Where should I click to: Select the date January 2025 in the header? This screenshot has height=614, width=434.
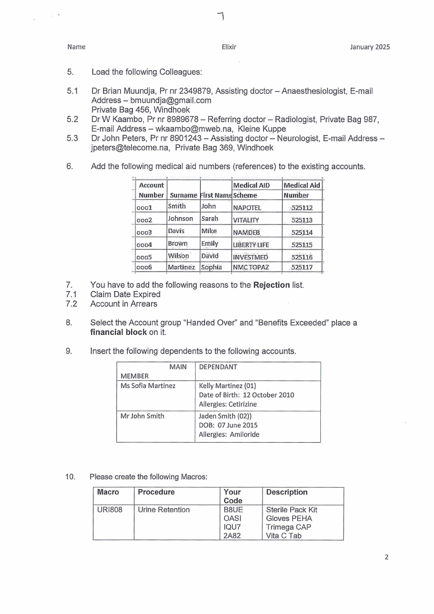coord(370,47)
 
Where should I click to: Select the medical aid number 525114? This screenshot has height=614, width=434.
coord(302,233)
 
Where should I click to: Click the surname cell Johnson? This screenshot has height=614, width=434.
coord(180,219)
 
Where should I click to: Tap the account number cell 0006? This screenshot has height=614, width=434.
coord(144,268)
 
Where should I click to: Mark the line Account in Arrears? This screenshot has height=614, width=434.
coord(124,304)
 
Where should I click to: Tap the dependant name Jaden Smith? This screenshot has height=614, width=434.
coord(217,416)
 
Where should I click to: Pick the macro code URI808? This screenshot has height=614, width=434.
coord(109,510)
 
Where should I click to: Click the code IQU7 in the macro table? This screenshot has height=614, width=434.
coord(231,527)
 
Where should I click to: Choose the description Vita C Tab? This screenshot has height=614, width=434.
coord(284,536)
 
